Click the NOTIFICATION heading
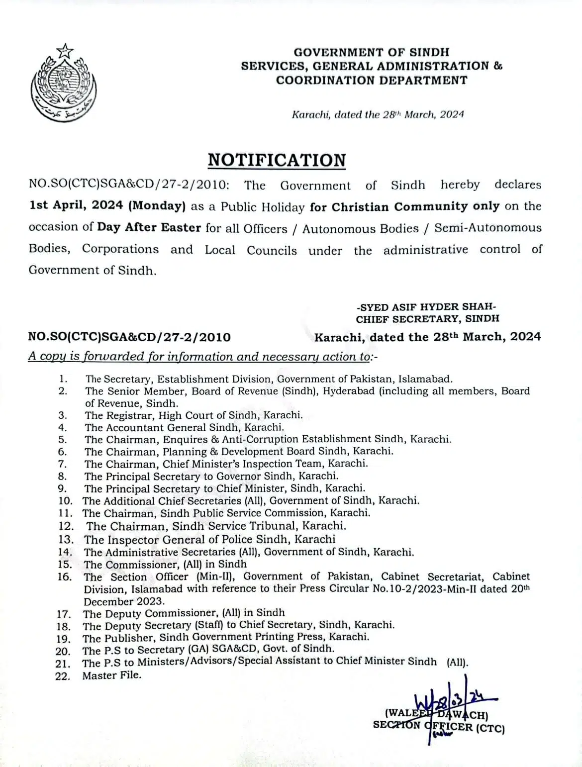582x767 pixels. coord(277,160)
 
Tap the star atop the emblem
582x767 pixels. coord(65,50)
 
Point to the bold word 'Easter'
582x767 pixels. coord(181,228)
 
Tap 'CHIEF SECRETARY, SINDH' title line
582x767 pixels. coord(427,319)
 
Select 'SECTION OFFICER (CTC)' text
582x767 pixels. coord(439,728)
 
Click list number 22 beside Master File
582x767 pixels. coord(63,676)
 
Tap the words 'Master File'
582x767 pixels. coord(112,675)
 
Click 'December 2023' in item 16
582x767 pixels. coord(123,601)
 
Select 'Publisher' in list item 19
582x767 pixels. coord(126,638)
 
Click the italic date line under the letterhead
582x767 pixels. coord(378,114)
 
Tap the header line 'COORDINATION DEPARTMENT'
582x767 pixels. coord(372,80)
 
